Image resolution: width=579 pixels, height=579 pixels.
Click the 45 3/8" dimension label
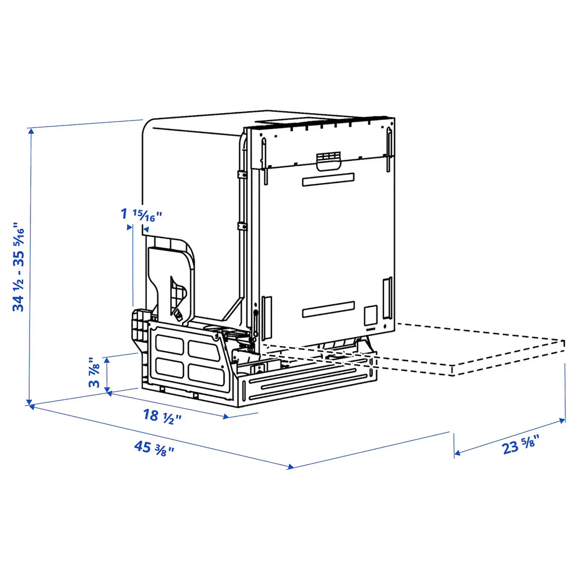[x=154, y=448]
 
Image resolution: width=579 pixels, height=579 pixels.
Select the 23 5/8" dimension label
[x=521, y=444]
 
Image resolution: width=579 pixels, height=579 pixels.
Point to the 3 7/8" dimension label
[x=94, y=372]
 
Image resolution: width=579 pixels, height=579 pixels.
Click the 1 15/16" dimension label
[x=141, y=215]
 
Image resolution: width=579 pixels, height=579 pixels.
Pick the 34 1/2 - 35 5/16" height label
[x=19, y=267]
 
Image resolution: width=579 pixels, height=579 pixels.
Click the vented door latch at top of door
[x=329, y=161]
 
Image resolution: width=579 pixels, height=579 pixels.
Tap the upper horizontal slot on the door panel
[x=329, y=179]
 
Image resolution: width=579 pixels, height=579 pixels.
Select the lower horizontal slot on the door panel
[x=329, y=309]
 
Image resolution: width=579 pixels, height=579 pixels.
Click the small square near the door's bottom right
[x=370, y=316]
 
